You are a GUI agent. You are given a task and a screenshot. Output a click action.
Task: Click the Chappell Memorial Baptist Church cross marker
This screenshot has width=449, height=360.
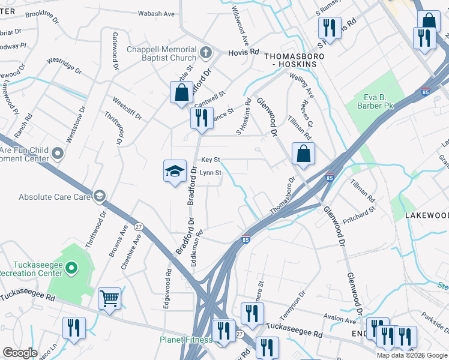tap(205, 52)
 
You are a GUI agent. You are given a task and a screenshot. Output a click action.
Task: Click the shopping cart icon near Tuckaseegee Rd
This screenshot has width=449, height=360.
tap(109, 298)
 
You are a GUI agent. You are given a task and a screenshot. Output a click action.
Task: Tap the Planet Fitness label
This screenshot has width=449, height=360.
tap(185, 340)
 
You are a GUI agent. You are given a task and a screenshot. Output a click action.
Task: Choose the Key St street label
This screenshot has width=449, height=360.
tap(211, 160)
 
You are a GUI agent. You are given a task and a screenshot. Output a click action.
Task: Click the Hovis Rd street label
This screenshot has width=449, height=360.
tap(243, 53)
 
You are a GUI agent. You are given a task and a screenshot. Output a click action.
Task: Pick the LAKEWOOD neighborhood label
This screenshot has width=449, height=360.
tap(426, 215)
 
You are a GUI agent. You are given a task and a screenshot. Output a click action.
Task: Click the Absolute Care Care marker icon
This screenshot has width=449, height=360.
tap(99, 196)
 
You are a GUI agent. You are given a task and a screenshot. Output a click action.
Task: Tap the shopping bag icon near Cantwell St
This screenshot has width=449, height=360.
tap(181, 93)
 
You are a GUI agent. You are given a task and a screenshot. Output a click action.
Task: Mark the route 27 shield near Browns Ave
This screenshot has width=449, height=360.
tap(139, 226)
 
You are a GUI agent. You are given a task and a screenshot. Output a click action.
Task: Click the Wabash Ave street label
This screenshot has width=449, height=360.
tap(156, 13)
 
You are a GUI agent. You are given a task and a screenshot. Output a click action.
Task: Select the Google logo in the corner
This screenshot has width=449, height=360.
tap(20, 353)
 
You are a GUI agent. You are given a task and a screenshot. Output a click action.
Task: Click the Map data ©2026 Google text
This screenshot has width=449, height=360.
tap(411, 355)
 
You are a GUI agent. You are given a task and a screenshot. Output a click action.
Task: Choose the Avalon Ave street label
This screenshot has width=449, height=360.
tap(339, 320)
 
